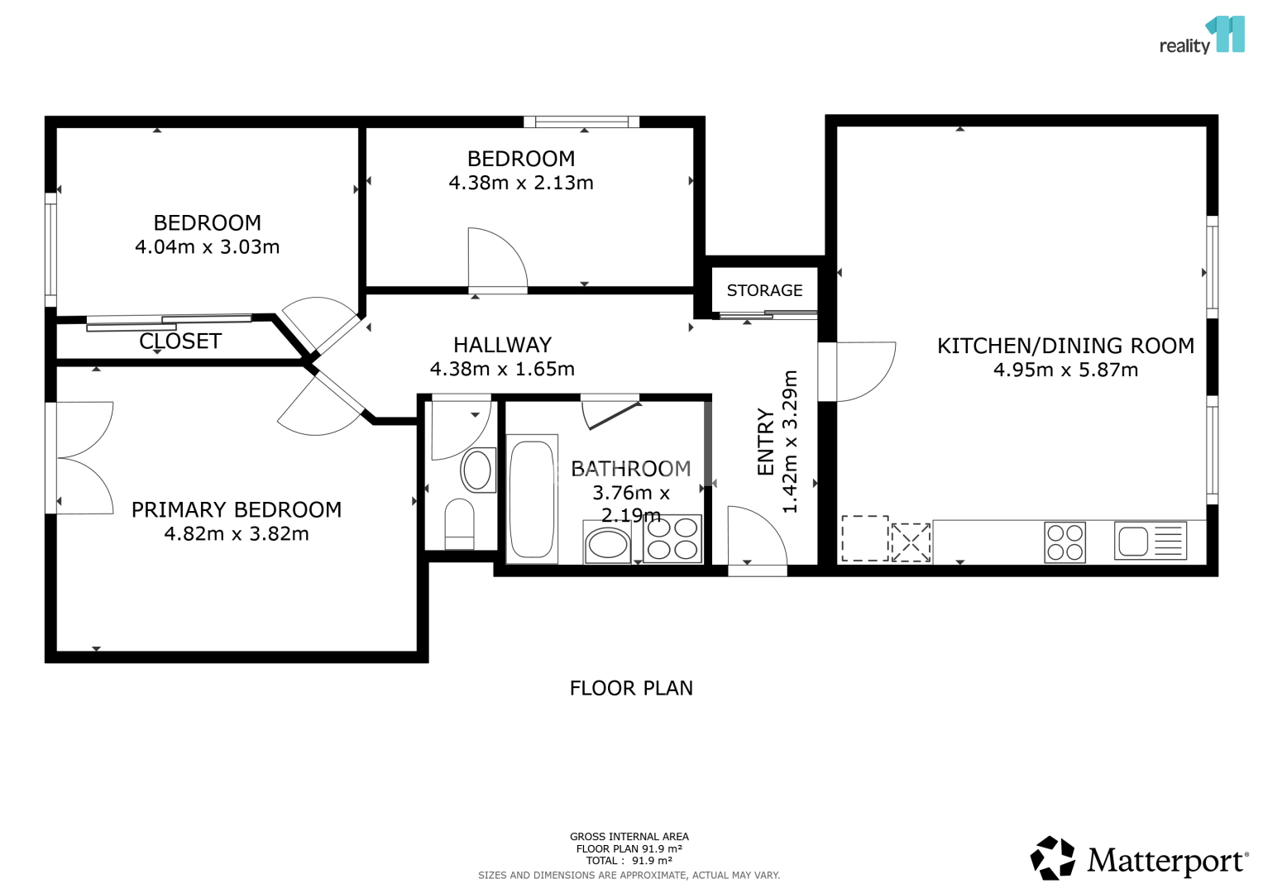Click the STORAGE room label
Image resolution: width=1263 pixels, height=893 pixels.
(x=764, y=290)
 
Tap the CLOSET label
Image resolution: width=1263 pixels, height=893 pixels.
(x=180, y=341)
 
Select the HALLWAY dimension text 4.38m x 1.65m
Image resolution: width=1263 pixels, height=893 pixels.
(x=502, y=370)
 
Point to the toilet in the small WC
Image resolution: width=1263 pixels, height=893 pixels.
(x=460, y=523)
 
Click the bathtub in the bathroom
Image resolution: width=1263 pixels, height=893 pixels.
(x=532, y=499)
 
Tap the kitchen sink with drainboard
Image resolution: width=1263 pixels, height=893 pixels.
(x=1151, y=541)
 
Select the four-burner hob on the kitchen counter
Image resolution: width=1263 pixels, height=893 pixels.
(x=1064, y=543)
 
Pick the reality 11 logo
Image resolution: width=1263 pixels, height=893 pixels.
(x=1202, y=36)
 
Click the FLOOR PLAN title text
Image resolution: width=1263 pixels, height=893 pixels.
(x=631, y=688)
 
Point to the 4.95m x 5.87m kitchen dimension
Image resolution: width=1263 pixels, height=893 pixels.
(x=1065, y=370)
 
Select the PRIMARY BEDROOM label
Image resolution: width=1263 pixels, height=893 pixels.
(x=237, y=509)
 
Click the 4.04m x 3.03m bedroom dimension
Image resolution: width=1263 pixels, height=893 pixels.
(x=207, y=247)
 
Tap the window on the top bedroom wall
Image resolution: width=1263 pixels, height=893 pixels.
(x=581, y=122)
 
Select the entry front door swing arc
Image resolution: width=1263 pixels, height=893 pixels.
(x=758, y=536)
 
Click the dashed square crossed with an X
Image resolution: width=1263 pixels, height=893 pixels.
(x=911, y=542)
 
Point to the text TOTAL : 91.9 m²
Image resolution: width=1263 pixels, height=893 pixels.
(x=629, y=861)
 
